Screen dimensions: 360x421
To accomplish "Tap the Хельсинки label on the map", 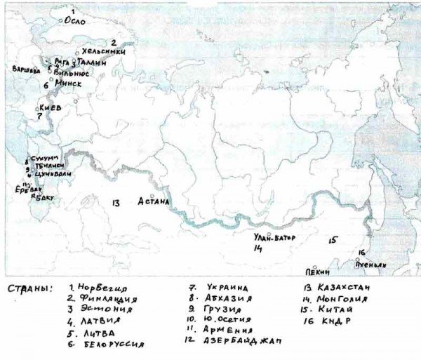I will (104, 51).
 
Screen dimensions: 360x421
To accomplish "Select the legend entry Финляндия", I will (105, 300).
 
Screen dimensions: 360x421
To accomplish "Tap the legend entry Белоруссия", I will (107, 344).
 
